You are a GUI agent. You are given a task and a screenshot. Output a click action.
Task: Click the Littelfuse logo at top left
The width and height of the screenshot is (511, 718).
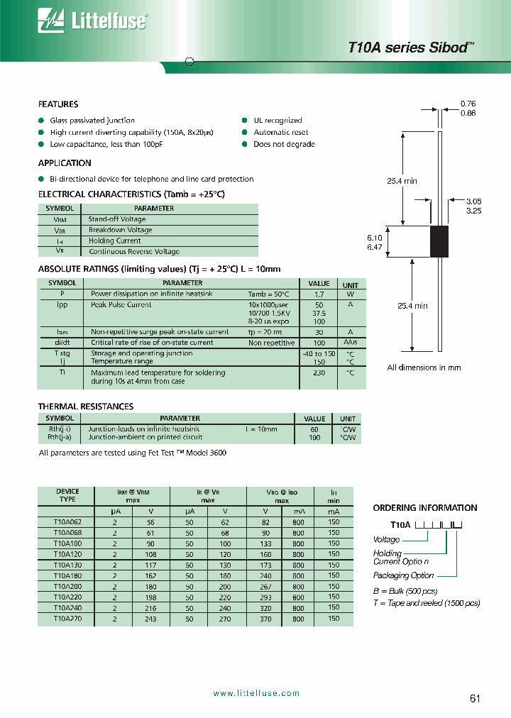click(92, 22)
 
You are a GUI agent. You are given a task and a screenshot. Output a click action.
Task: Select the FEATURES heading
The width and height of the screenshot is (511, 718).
click(58, 104)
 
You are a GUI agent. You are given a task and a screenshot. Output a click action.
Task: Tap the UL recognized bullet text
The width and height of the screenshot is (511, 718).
click(278, 121)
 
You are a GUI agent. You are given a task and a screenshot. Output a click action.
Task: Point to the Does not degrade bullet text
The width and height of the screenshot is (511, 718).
click(284, 144)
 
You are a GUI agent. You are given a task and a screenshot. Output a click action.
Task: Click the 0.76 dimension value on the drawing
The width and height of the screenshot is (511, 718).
click(468, 104)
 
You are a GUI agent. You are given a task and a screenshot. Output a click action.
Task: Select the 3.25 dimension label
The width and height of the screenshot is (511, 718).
click(473, 211)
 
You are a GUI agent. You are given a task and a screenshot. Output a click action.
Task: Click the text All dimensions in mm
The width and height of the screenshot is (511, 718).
click(424, 368)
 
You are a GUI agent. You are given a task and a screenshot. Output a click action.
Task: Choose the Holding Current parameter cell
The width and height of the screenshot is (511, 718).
click(115, 241)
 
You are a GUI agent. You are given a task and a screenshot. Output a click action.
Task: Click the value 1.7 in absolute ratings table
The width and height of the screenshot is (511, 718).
click(319, 294)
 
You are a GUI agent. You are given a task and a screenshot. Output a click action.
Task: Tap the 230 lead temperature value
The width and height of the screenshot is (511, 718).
click(319, 372)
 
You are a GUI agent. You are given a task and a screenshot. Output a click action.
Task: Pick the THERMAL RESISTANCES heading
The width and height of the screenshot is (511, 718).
click(86, 407)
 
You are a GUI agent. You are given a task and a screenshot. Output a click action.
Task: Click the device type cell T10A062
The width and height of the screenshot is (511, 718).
click(67, 522)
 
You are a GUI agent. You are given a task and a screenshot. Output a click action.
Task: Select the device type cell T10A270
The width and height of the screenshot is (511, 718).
click(67, 618)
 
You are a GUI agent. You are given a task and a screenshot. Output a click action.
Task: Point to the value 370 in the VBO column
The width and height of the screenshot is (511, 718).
click(266, 618)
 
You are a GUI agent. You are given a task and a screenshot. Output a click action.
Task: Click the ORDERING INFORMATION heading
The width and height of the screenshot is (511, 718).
click(424, 508)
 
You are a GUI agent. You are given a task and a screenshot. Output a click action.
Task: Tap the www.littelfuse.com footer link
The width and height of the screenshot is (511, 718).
click(256, 693)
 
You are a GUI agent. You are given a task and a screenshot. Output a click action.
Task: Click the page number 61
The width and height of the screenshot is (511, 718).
click(475, 698)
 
